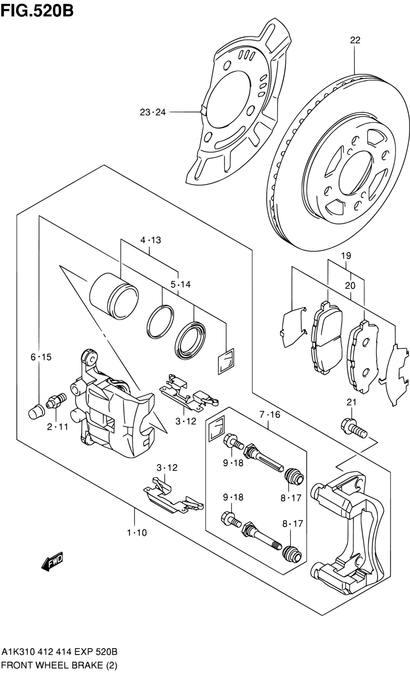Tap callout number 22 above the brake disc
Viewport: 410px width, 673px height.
[x=355, y=40]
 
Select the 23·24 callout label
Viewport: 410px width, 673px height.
[x=152, y=112]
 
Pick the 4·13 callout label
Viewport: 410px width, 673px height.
[x=150, y=240]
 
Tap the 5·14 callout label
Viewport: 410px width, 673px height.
[x=180, y=284]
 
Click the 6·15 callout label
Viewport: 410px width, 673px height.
[x=41, y=357]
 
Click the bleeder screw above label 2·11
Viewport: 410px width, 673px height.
[x=56, y=401]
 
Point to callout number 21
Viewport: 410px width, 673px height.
[x=351, y=402]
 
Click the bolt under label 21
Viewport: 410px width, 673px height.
[x=354, y=428]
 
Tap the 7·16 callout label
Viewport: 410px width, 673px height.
[x=269, y=414]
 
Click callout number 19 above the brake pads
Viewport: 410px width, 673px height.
[x=346, y=256]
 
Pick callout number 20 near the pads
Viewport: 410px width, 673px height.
[x=350, y=286]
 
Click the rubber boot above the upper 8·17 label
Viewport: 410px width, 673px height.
[x=294, y=476]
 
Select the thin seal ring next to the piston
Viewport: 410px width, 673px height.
[x=160, y=322]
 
